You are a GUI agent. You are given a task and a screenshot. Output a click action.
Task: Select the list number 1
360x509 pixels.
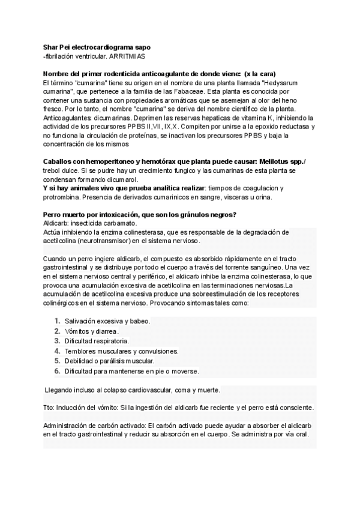pos(57,321)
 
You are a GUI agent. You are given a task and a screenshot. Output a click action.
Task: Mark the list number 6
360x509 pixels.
pos(57,371)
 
